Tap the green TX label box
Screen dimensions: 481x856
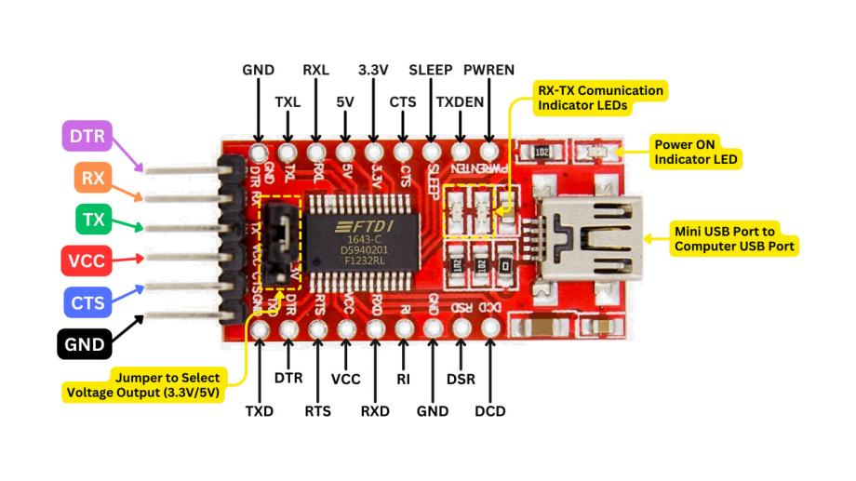click(x=93, y=220)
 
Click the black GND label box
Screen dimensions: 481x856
click(x=85, y=344)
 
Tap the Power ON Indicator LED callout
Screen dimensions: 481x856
click(x=696, y=152)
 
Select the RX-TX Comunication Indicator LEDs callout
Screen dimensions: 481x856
click(x=600, y=98)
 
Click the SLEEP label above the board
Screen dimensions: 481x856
click(x=430, y=70)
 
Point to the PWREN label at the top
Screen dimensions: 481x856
click(x=488, y=70)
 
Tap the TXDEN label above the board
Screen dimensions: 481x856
click(x=460, y=101)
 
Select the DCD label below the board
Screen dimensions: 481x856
click(x=489, y=410)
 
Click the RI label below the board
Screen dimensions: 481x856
click(x=403, y=379)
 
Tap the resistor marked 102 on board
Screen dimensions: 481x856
click(x=541, y=152)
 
